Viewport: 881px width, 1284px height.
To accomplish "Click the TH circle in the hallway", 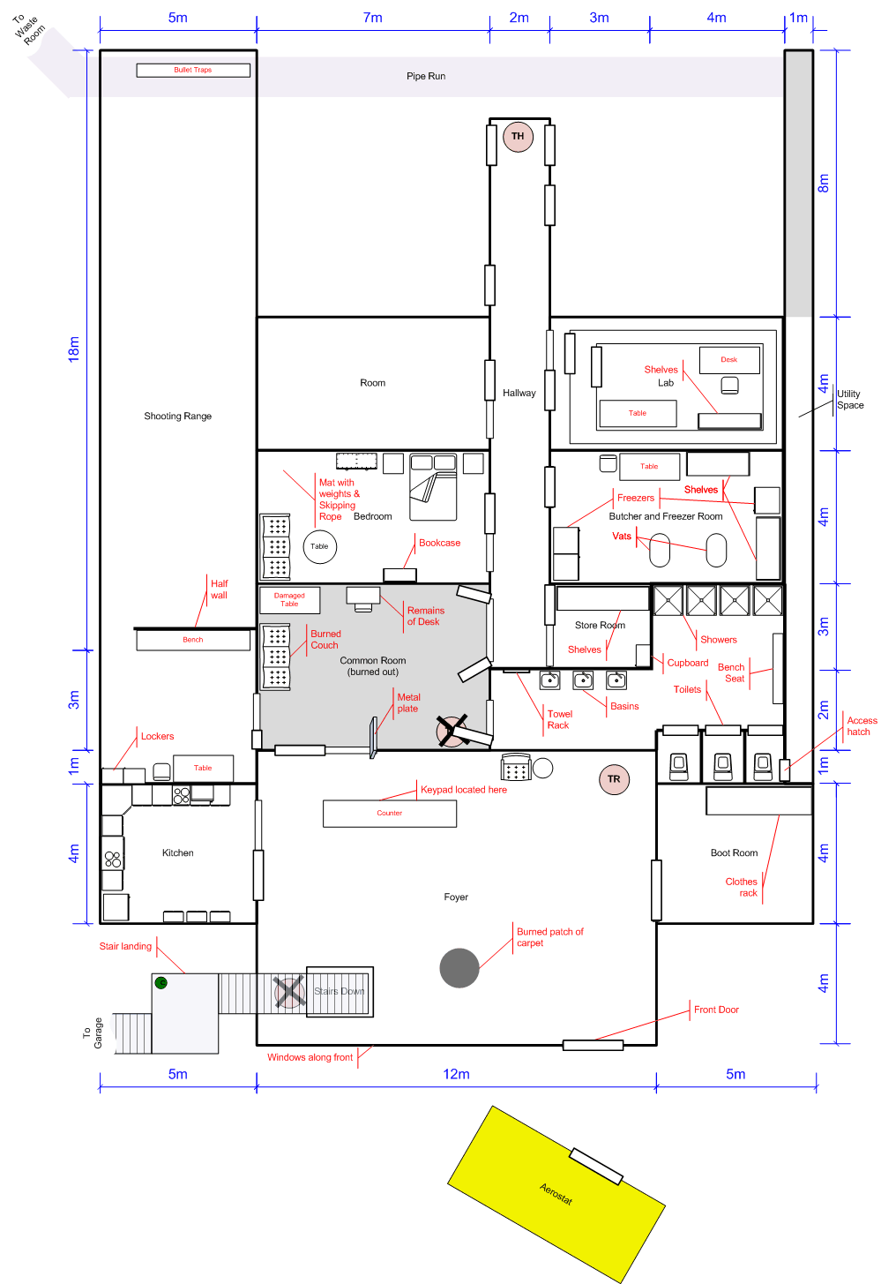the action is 518,137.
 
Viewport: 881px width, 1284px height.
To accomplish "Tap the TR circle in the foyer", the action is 614,779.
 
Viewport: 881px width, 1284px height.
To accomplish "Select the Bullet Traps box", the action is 193,70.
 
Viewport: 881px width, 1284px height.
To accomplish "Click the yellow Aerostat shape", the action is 556,1194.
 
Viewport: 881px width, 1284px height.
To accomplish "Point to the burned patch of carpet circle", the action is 459,968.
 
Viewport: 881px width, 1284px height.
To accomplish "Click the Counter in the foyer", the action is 390,814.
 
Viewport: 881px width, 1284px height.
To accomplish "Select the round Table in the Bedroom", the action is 319,546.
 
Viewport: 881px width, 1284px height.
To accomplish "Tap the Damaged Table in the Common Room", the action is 289,599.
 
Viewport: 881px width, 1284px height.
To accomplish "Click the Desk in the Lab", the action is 729,360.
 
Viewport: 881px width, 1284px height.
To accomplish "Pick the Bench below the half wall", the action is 193,640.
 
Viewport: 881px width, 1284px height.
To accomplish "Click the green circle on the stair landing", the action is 161,983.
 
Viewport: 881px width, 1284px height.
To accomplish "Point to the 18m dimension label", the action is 74,349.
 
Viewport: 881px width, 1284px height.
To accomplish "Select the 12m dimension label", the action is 457,1074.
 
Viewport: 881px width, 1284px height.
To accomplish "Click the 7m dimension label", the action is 373,18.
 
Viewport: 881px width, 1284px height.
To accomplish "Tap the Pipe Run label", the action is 426,76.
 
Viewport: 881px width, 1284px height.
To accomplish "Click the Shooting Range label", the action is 177,417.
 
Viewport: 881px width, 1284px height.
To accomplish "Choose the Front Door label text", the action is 717,1010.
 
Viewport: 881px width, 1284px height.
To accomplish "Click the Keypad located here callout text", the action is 464,789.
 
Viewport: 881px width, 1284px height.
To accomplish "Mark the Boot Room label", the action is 735,853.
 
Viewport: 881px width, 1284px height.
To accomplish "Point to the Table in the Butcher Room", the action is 650,467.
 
